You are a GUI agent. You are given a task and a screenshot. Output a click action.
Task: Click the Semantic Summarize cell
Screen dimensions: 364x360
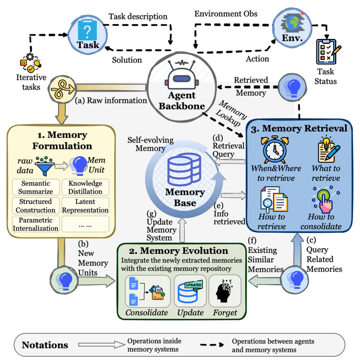(33, 187)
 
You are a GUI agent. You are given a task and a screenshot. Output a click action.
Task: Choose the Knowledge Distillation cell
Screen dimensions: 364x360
(85, 187)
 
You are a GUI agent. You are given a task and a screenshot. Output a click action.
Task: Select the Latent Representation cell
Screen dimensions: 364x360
(85, 206)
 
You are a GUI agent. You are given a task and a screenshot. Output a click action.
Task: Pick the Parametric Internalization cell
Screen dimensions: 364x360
(33, 224)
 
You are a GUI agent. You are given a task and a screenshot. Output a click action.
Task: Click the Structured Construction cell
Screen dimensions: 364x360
(33, 206)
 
